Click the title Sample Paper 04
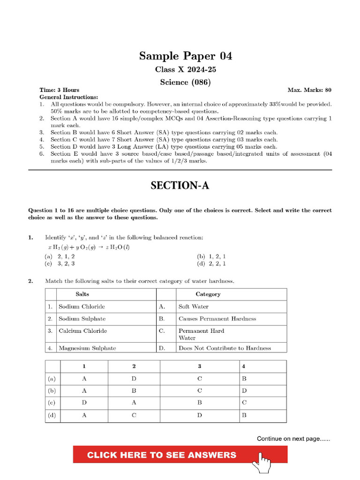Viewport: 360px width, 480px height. click(x=185, y=56)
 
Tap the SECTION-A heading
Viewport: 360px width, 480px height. click(x=180, y=186)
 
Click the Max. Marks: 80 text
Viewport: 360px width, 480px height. click(x=309, y=90)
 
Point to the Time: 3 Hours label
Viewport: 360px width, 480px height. click(x=59, y=90)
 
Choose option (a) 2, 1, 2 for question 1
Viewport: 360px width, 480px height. click(x=60, y=256)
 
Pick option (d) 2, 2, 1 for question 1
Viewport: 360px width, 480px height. click(x=211, y=263)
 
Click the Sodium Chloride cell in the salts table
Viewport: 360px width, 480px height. click(x=82, y=307)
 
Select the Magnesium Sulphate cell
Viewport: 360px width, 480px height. click(x=87, y=348)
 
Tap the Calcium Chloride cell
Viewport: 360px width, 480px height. click(x=82, y=331)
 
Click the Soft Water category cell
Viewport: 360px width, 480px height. click(x=194, y=307)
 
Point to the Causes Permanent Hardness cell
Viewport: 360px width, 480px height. click(x=217, y=319)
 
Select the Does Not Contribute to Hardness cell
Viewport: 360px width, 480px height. click(x=225, y=348)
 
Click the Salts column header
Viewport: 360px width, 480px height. click(x=82, y=294)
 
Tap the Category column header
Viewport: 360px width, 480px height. click(x=208, y=294)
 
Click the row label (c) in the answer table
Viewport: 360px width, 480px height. click(x=52, y=403)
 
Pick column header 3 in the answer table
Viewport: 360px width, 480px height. click(x=199, y=366)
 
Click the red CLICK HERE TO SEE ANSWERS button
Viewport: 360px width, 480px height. click(x=162, y=455)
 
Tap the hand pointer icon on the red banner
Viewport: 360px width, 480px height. click(x=262, y=460)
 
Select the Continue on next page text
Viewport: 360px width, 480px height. click(x=293, y=439)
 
